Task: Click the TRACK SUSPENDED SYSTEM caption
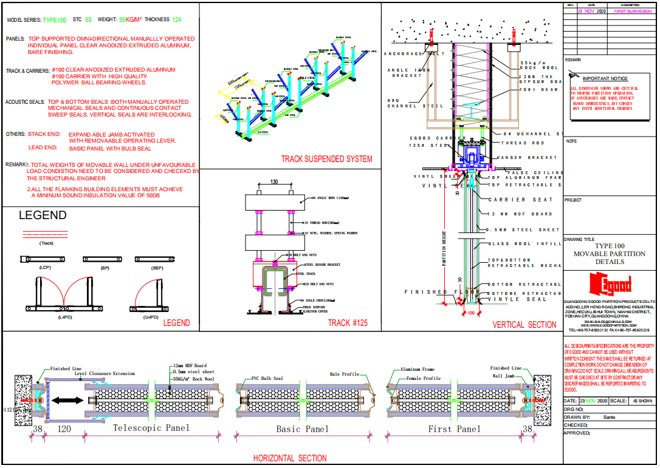326,160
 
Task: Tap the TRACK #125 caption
348,323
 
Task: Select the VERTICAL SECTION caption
524,325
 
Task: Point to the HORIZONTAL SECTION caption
290,458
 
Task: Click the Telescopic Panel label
151,428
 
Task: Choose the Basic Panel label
302,429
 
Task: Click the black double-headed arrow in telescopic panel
67,401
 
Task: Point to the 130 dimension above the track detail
274,182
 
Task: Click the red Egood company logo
610,284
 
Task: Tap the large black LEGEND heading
43,215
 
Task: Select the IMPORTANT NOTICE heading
605,79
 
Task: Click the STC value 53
88,20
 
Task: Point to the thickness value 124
176,20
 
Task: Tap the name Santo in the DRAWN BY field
608,418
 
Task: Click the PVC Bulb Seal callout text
267,378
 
